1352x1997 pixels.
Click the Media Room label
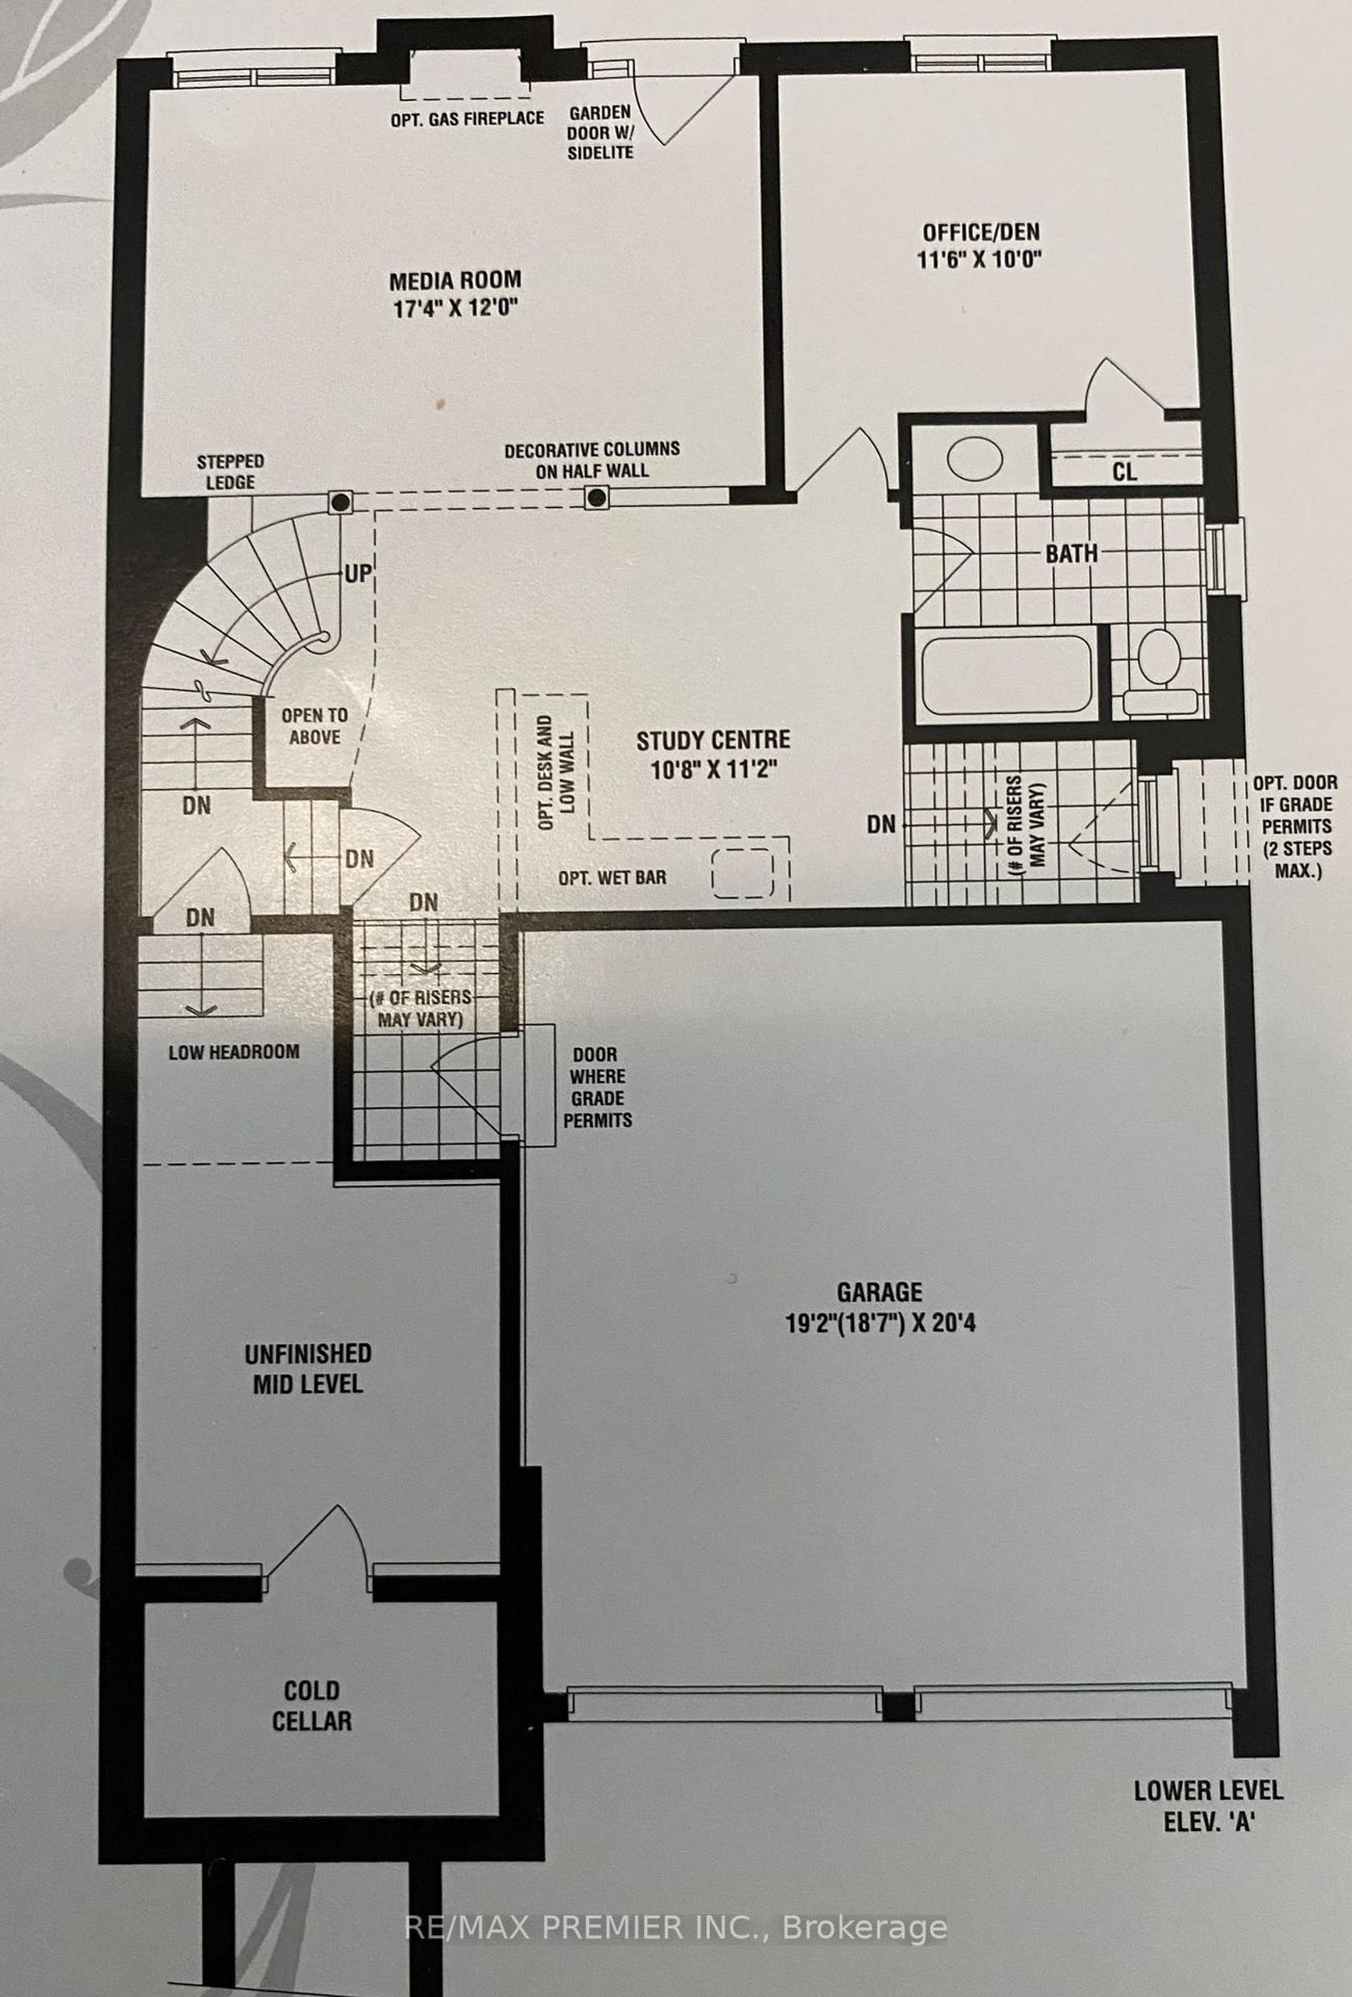(455, 280)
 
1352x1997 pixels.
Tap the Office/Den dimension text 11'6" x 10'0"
(980, 258)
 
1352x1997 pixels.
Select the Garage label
(880, 1315)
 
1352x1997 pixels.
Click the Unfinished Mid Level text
(307, 1369)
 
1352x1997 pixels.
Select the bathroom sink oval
(974, 460)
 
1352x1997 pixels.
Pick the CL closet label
(1124, 472)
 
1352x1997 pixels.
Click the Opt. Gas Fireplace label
(468, 118)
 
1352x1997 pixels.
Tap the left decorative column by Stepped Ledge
(341, 501)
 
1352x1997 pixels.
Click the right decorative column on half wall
(597, 497)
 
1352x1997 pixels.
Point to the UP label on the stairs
(357, 573)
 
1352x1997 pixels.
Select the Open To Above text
(315, 726)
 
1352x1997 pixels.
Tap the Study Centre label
(713, 740)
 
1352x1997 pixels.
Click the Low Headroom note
(233, 1052)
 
